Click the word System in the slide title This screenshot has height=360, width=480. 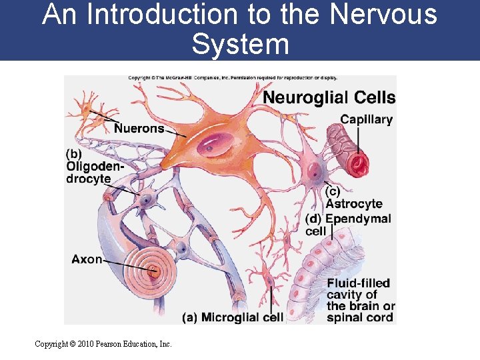(240, 44)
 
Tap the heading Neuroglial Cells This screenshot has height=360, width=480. (329, 98)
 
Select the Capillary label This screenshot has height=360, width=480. (366, 120)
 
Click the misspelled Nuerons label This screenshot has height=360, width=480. (139, 128)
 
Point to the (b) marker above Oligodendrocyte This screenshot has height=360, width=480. (74, 154)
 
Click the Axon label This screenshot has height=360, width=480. (87, 259)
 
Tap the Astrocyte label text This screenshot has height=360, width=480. (354, 204)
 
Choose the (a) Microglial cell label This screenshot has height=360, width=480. (233, 317)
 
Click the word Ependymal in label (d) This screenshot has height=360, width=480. (358, 219)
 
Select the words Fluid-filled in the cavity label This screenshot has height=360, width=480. (358, 283)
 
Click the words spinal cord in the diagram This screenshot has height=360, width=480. (360, 317)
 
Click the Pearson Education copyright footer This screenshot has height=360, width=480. (103, 344)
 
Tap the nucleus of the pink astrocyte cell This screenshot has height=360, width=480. (314, 175)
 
